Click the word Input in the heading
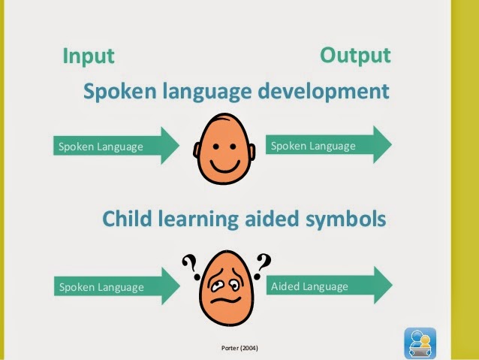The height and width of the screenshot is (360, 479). click(88, 56)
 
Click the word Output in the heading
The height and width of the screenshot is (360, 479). click(355, 55)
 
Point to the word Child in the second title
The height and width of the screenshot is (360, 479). click(124, 219)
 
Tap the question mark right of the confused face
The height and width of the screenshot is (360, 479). click(264, 262)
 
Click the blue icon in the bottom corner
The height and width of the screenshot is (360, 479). click(420, 342)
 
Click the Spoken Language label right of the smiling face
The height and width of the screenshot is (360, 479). click(312, 146)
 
